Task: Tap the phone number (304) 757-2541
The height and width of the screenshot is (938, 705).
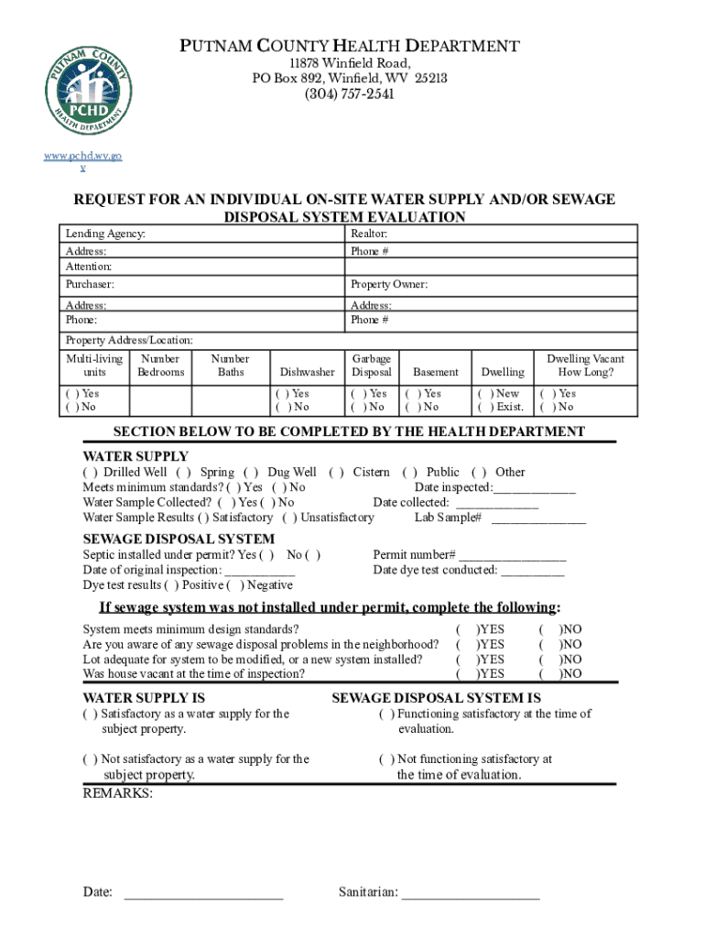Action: [x=350, y=94]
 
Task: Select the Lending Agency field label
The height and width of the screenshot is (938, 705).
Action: [x=105, y=234]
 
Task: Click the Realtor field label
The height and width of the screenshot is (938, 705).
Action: [x=369, y=234]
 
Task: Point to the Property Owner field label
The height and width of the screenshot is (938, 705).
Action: [x=388, y=285]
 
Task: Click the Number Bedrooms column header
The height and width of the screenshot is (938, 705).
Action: [x=161, y=365]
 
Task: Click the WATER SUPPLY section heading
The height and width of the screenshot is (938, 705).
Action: [x=136, y=456]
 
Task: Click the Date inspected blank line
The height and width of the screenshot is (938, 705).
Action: [x=535, y=489]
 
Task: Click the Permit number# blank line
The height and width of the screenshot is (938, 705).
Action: [x=513, y=556]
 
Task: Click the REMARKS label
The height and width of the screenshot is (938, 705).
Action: [x=118, y=793]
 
